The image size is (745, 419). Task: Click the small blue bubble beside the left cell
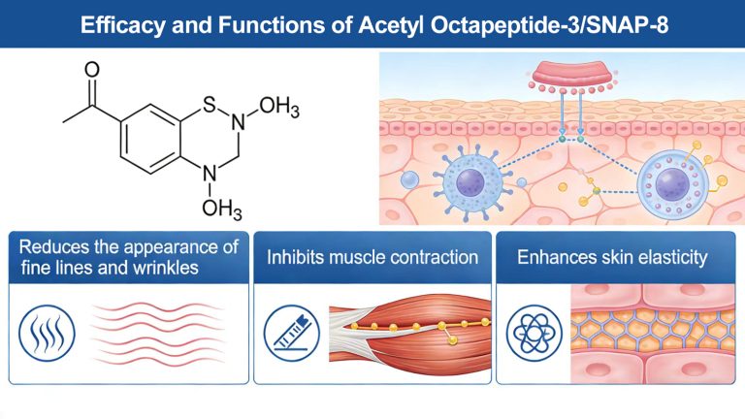coord(411,180)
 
